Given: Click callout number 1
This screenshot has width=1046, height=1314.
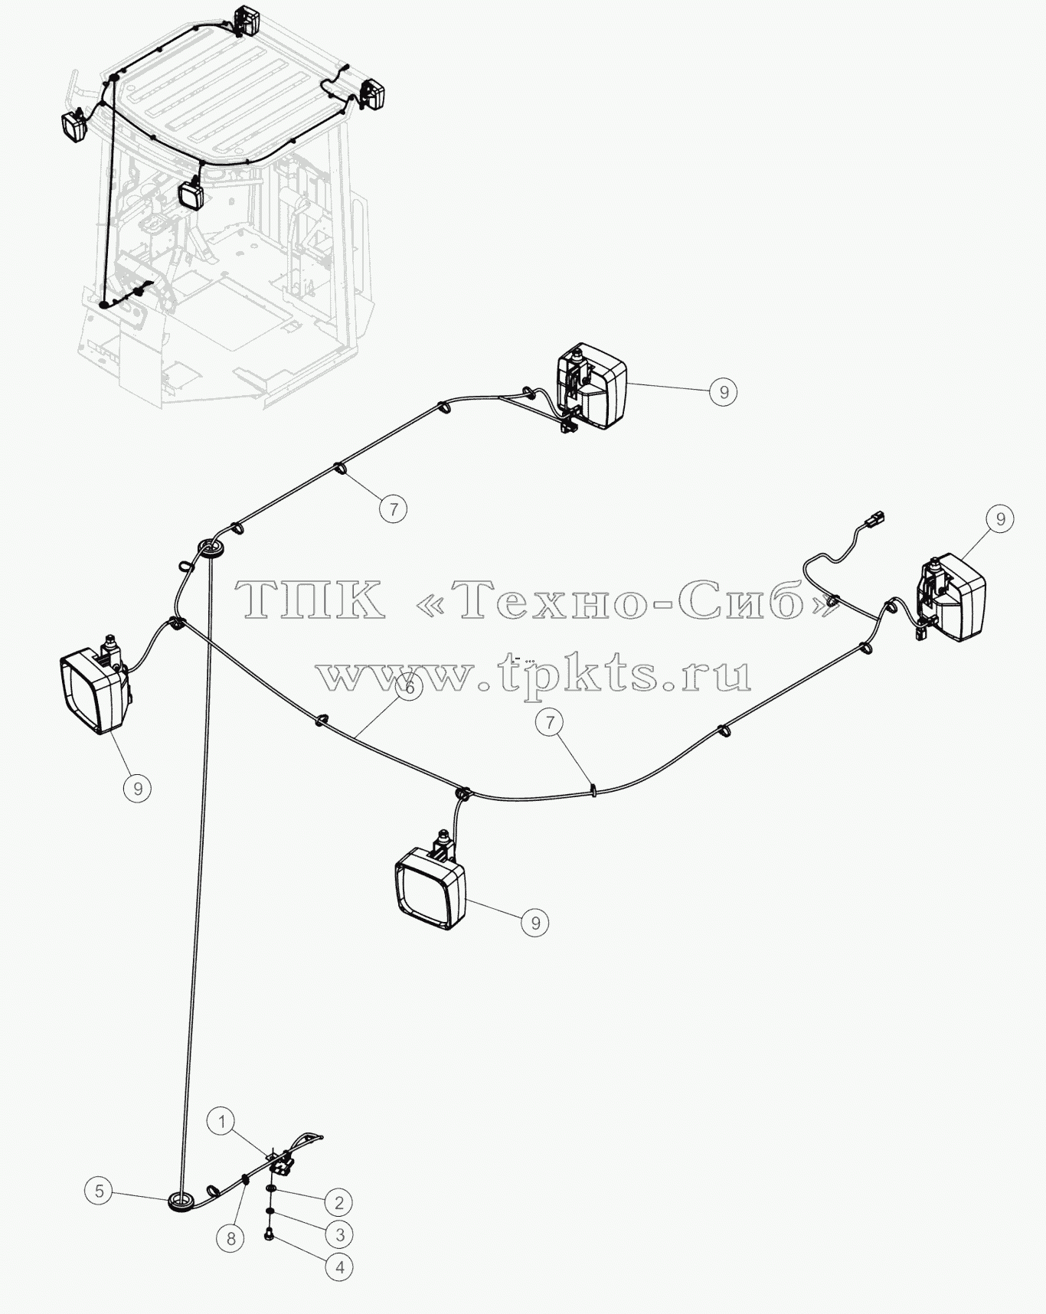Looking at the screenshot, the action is click(x=221, y=1123).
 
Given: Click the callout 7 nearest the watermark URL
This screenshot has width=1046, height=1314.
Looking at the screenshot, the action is click(x=550, y=722).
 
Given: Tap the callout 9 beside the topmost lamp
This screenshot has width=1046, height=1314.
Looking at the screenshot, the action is click(x=723, y=391).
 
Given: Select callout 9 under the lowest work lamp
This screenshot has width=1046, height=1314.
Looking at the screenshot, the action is click(x=535, y=923).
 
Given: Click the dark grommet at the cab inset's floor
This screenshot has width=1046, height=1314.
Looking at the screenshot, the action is click(x=103, y=305).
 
